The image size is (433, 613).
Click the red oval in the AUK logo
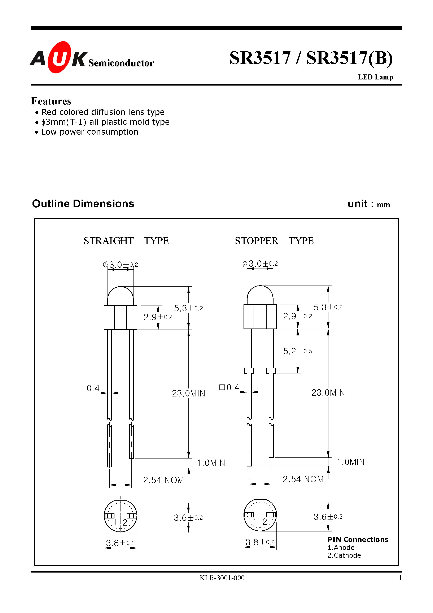pos(59,57)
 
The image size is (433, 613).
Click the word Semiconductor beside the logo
pos(121,63)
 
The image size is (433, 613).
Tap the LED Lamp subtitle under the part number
pos(375,77)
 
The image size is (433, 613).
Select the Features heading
pos(51,101)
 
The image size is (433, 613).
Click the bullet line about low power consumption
pos(89,132)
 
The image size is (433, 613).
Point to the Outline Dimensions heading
pos(83,204)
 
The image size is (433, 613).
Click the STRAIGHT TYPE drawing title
pos(126,241)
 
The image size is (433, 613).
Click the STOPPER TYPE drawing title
pos(274,241)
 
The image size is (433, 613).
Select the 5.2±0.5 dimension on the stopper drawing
pos(297,351)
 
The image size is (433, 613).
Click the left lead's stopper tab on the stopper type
pos(249,371)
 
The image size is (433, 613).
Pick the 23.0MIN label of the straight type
pos(188,394)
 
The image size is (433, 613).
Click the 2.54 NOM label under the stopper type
pos(303,479)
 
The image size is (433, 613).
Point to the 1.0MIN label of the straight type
pos(211,463)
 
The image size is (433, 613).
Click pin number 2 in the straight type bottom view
pos(125,522)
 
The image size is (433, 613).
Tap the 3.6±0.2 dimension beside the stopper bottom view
pos(328,517)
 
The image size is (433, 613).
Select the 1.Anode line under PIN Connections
pos(341,548)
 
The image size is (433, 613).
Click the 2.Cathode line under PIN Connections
pos(344,555)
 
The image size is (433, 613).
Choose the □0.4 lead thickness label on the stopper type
pos(229,387)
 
